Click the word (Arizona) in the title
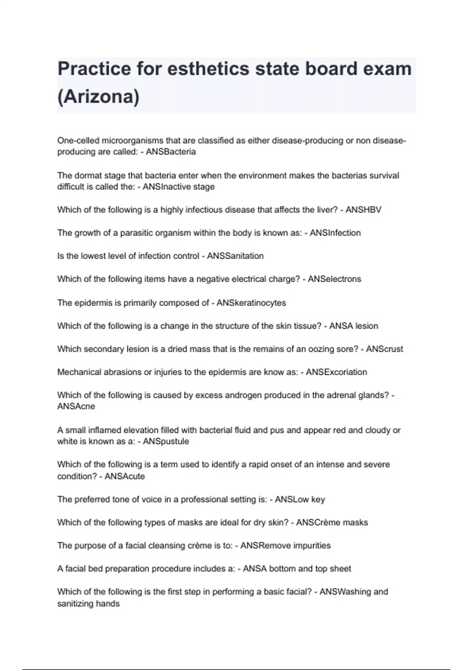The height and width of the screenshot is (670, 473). point(98,97)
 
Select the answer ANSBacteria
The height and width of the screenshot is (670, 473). point(171,152)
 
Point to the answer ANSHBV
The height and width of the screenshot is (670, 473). point(363,210)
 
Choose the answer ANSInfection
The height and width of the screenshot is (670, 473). point(335,233)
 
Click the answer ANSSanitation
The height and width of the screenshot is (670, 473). point(235,256)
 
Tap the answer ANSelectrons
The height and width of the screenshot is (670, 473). point(334,279)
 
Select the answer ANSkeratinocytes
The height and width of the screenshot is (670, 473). point(251,303)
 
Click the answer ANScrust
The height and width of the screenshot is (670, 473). point(384,349)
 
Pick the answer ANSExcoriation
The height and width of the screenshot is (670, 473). point(336,372)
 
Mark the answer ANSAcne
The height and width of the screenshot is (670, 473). point(76,406)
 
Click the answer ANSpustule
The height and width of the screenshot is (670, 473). point(166,441)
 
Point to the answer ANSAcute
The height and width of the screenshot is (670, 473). point(125,476)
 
